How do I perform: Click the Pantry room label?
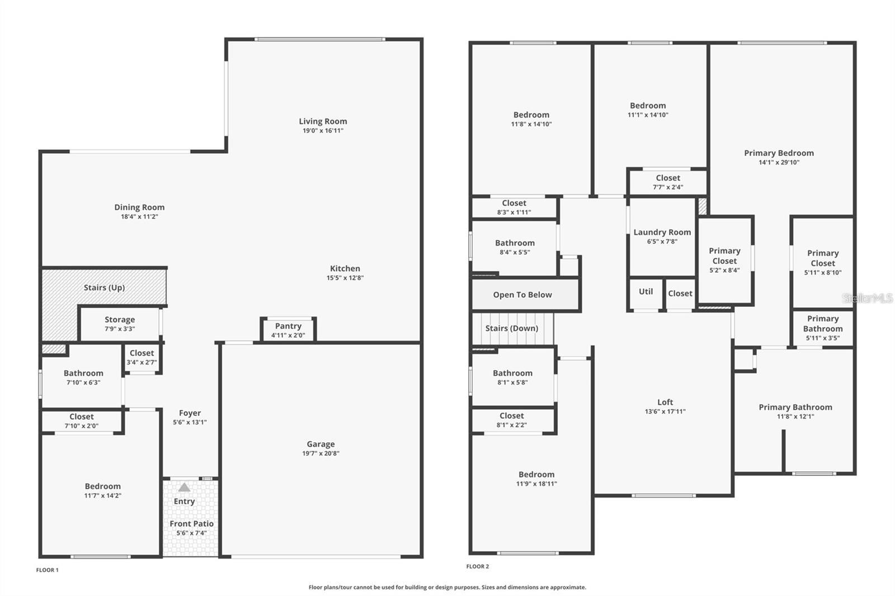pyautogui.click(x=288, y=326)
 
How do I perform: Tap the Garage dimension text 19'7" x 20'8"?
pyautogui.click(x=321, y=453)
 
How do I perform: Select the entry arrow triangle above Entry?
pyautogui.click(x=184, y=488)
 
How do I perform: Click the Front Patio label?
pyautogui.click(x=191, y=524)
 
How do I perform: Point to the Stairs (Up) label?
pyautogui.click(x=104, y=287)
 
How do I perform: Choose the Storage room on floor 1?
pyautogui.click(x=120, y=324)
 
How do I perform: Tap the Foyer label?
pyautogui.click(x=190, y=413)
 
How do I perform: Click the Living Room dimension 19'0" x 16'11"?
pyautogui.click(x=323, y=131)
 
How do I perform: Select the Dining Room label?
pyautogui.click(x=139, y=207)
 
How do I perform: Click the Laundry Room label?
pyautogui.click(x=662, y=232)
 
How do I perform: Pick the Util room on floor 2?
pyautogui.click(x=646, y=292)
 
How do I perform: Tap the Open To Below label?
pyautogui.click(x=522, y=295)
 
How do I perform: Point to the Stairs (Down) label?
pyautogui.click(x=512, y=328)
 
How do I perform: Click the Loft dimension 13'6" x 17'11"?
pyautogui.click(x=665, y=411)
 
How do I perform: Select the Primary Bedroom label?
pyautogui.click(x=779, y=153)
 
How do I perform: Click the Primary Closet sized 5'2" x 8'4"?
pyautogui.click(x=724, y=260)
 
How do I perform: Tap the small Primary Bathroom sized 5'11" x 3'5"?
pyautogui.click(x=822, y=328)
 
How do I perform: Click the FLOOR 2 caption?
pyautogui.click(x=478, y=566)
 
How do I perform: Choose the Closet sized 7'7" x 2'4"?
pyautogui.click(x=668, y=182)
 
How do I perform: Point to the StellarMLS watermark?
pyautogui.click(x=868, y=298)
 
